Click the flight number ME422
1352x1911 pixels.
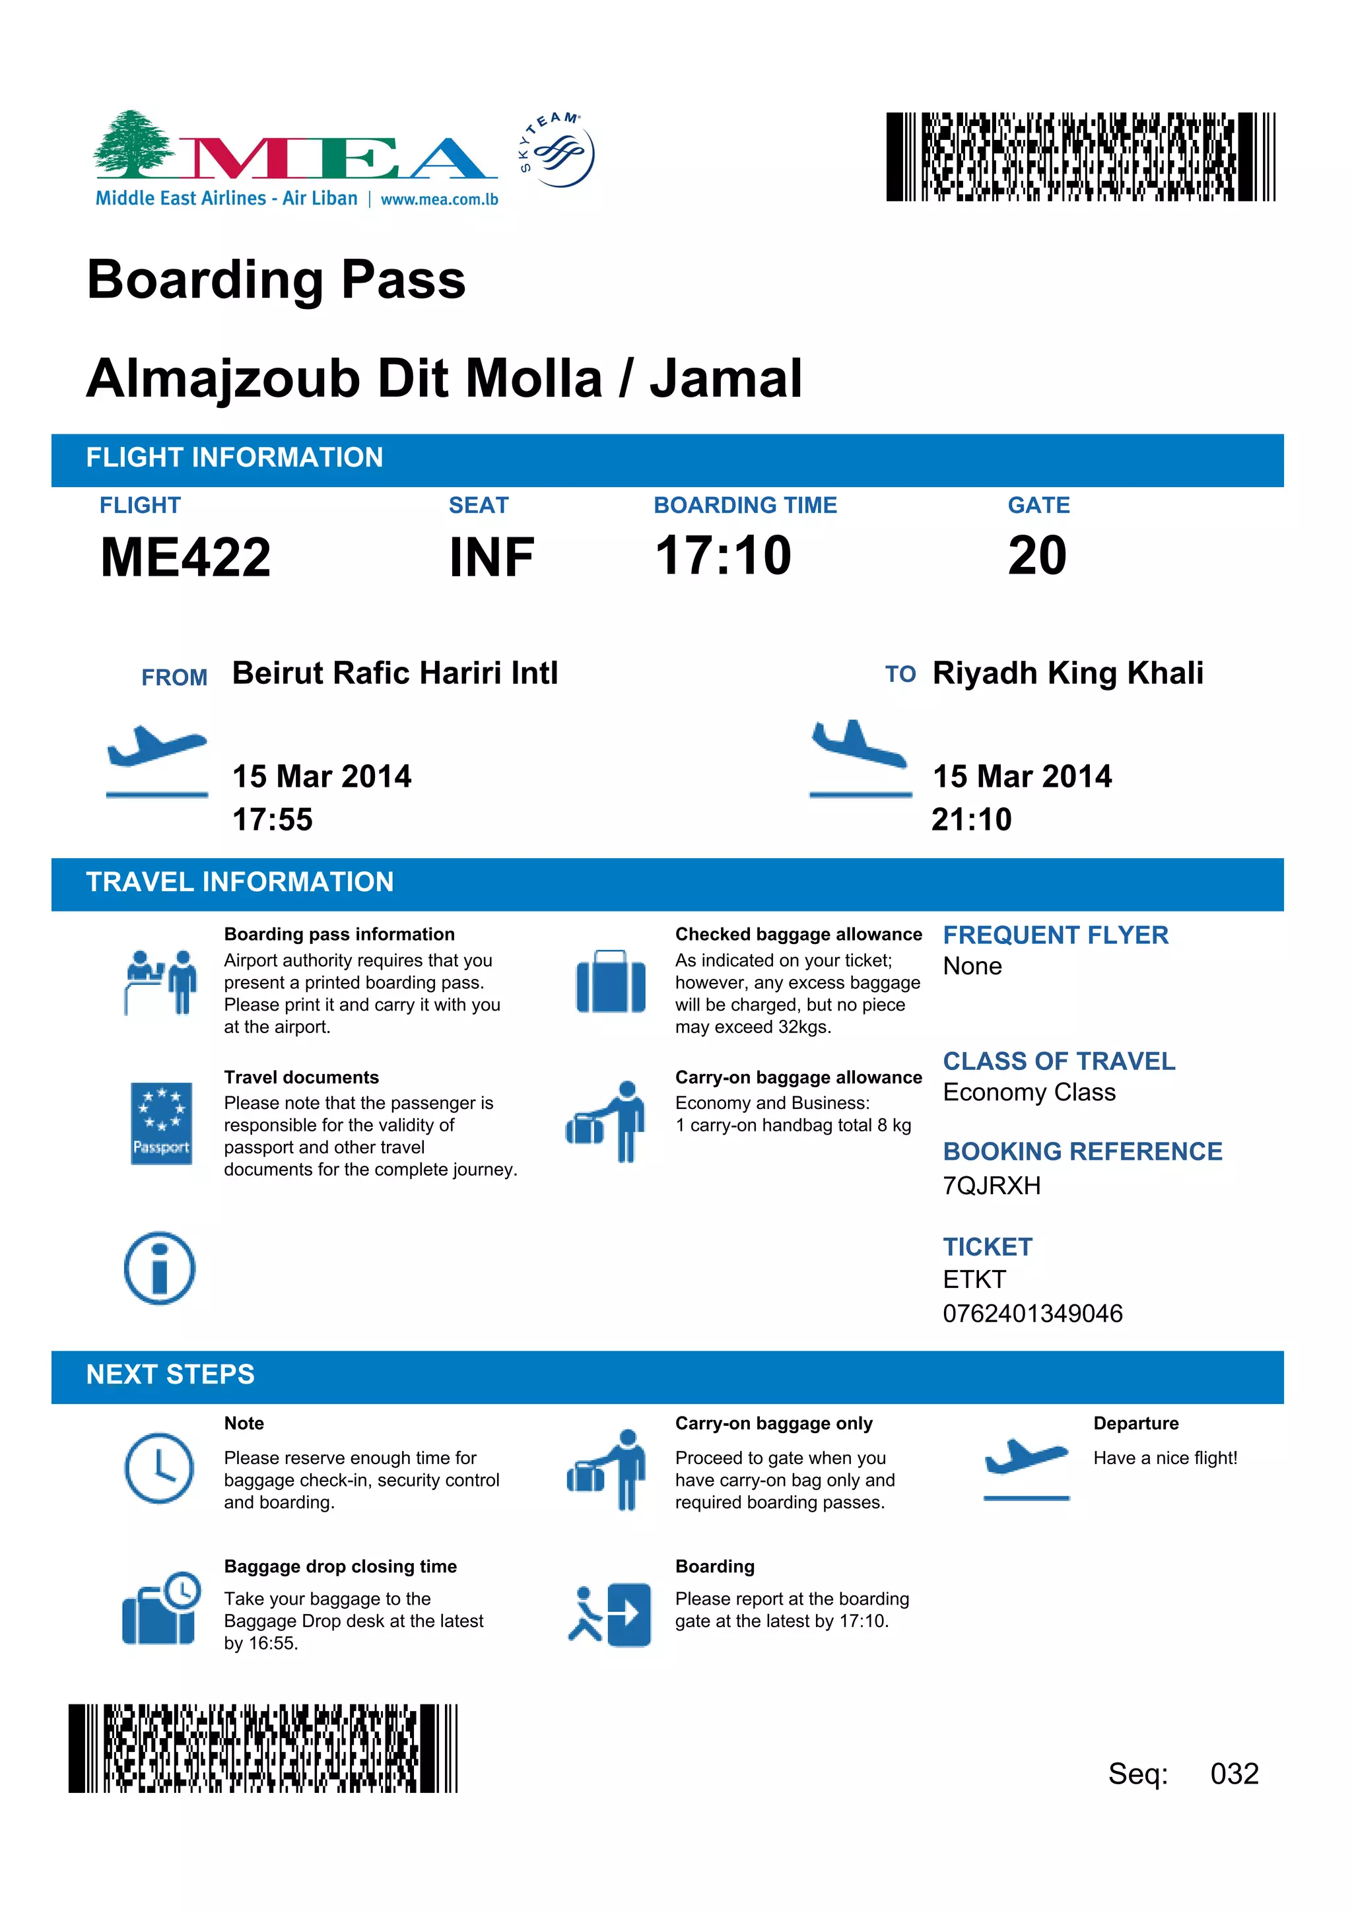[x=186, y=557]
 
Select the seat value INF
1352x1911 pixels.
[x=491, y=557]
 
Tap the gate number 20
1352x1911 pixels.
[x=1036, y=555]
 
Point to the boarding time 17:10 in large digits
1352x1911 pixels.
[x=723, y=555]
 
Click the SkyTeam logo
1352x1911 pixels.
[x=557, y=151]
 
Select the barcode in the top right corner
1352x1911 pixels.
[x=1080, y=156]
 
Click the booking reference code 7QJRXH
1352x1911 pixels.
[x=992, y=1186]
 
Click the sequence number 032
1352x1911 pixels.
[x=1234, y=1773]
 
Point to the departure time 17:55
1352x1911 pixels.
[x=272, y=820]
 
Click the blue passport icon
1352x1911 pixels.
[x=162, y=1123]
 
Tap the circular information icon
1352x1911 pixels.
[x=159, y=1267]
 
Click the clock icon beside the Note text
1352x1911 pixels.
[x=159, y=1467]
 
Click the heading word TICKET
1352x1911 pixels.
[x=988, y=1247]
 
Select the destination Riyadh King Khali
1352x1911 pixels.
[x=1067, y=673]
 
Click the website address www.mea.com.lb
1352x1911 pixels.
[x=439, y=199]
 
